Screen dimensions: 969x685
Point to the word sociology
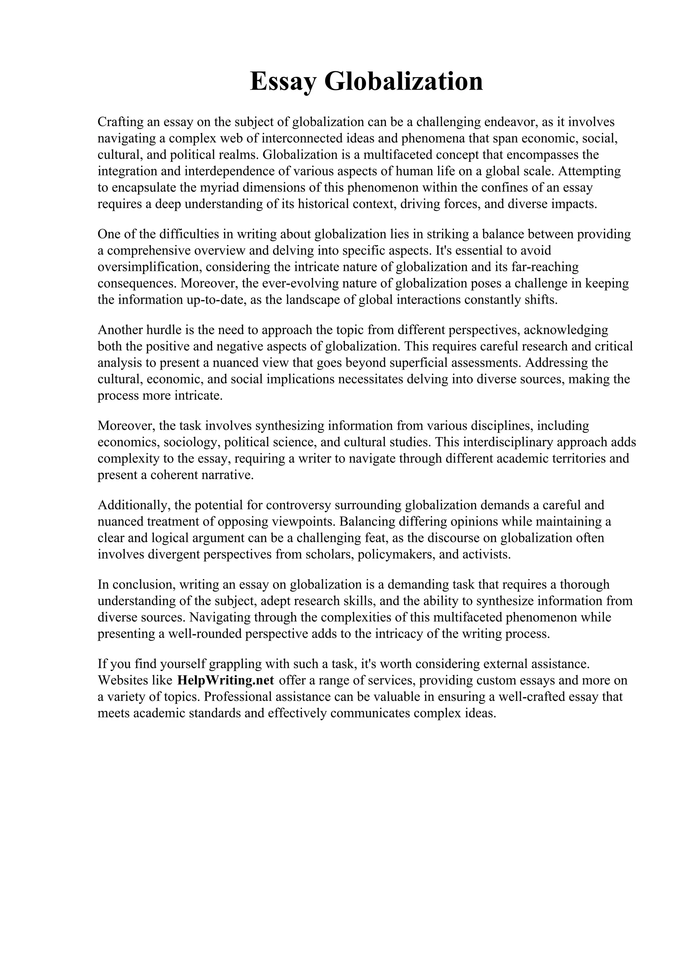pyautogui.click(x=192, y=442)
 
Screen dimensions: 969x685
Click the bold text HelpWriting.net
pyautogui.click(x=226, y=680)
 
